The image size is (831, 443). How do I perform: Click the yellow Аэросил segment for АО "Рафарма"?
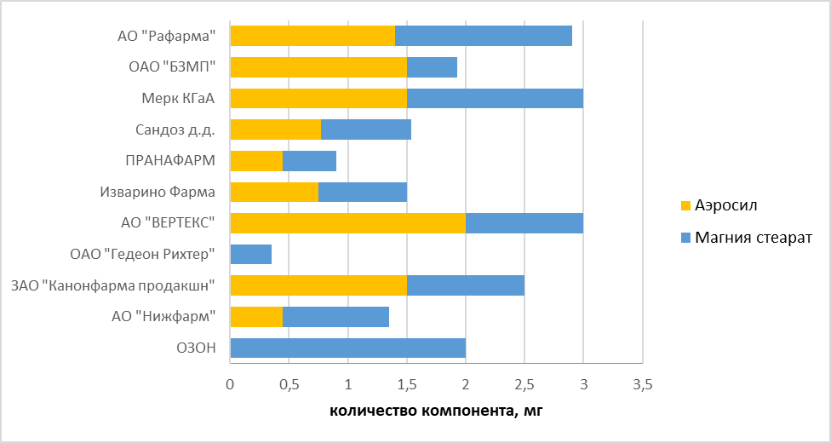[x=312, y=36]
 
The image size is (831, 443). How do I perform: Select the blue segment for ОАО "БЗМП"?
[x=432, y=67]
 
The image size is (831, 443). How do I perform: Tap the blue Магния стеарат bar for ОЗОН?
[x=347, y=348]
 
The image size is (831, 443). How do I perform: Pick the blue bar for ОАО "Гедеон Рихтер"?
[x=251, y=254]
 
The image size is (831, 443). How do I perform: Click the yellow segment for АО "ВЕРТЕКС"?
[x=347, y=223]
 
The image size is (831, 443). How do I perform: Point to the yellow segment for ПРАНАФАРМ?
[x=256, y=161]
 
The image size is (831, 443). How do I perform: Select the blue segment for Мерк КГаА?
[x=495, y=98]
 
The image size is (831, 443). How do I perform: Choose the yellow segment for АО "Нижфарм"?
[x=256, y=317]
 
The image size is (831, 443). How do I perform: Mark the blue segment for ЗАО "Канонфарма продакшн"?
[x=465, y=285]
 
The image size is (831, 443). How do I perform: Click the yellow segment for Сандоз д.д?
[x=275, y=129]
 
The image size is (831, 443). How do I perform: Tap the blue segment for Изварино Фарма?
[x=362, y=192]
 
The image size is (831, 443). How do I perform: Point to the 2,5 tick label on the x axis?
[x=524, y=386]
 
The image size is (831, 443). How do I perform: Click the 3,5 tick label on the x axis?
[x=642, y=386]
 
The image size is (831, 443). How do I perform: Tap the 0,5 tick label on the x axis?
[x=289, y=386]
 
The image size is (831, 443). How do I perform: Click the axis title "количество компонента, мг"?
[x=435, y=412]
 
